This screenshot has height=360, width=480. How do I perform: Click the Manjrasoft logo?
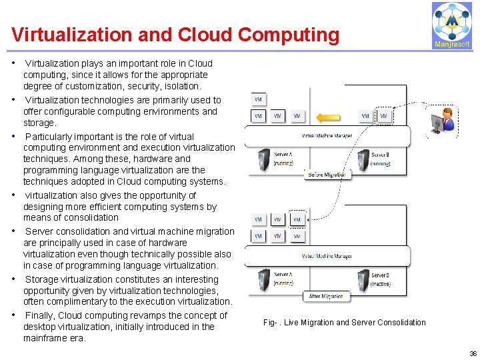coord(451,25)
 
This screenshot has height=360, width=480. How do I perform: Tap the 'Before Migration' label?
coord(326,175)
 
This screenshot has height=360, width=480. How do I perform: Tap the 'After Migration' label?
coord(326,296)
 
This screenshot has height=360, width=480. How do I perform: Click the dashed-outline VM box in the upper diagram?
coord(383,116)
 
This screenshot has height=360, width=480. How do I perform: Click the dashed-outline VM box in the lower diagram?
coord(297,219)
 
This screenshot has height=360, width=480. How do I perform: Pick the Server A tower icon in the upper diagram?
coord(263,159)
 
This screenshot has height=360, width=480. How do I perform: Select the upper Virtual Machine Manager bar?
coord(327,136)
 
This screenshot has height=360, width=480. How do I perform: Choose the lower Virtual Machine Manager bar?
coord(327,257)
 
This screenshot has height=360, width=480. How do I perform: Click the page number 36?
coord(473,354)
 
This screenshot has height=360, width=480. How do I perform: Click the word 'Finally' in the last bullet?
coord(39,315)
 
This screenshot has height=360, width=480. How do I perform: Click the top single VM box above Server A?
coord(258,99)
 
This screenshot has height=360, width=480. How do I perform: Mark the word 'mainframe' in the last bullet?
coord(46,338)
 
